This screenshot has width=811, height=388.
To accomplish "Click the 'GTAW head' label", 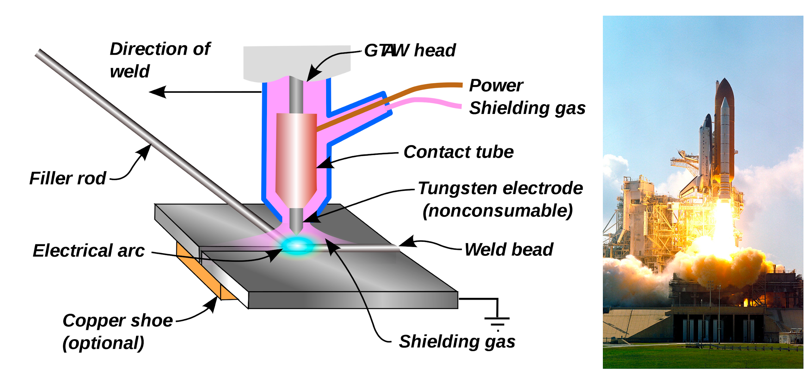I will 410,50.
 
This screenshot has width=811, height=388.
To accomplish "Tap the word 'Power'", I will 496,85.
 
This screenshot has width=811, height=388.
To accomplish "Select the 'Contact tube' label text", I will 458,152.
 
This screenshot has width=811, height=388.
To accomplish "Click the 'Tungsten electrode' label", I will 500,188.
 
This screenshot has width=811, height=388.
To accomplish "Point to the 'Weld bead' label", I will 509,249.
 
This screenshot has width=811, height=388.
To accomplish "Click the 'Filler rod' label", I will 67,178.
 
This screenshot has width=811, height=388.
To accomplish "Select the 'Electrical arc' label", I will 89,251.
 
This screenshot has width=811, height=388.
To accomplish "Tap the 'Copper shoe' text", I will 117,321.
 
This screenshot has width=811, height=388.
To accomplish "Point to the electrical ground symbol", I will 497,321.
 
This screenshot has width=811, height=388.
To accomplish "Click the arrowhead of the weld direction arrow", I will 157,92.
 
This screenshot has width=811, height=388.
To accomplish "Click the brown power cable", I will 411,92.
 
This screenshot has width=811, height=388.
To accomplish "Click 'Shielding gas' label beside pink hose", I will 527,108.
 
